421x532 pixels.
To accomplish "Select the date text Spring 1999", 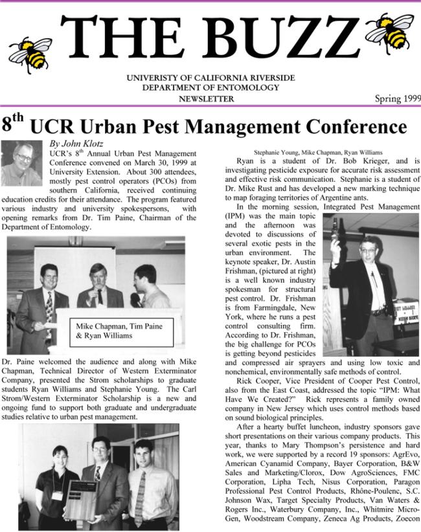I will (x=397, y=99).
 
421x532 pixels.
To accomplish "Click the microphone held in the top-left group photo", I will (x=135, y=300).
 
